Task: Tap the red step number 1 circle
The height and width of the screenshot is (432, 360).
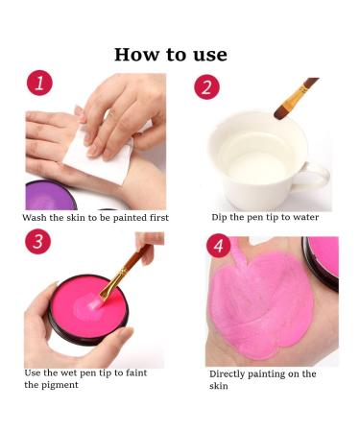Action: pos(39,83)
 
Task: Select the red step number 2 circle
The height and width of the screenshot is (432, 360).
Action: pos(207,87)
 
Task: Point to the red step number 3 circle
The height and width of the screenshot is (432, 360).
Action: pos(38,241)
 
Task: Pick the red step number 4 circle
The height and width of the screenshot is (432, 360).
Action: pos(219,246)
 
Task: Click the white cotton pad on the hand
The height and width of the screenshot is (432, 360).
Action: pos(99,156)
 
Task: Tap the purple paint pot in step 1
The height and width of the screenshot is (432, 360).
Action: pos(50,196)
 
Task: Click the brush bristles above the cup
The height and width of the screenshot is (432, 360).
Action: pos(282,110)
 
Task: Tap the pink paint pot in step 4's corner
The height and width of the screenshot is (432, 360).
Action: pos(321,263)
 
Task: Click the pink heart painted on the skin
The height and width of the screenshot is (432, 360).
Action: pos(261,304)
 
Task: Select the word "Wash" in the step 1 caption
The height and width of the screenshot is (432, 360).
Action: pos(35,218)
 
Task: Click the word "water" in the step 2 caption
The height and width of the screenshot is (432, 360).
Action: pos(306,217)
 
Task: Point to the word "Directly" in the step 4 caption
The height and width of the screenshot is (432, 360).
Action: pos(227,374)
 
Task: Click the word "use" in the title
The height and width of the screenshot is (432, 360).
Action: pos(210,55)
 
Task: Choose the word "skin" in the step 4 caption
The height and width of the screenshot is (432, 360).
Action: pos(219,386)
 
